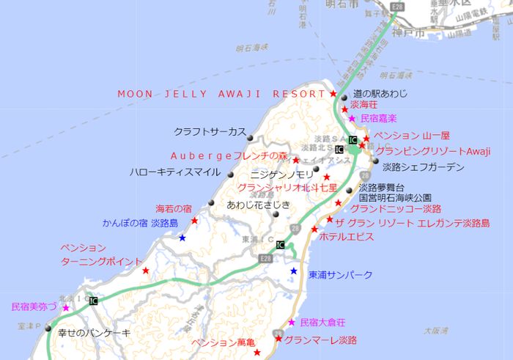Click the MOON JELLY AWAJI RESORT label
[221, 95]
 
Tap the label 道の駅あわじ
[380, 95]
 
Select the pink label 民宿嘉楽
[378, 118]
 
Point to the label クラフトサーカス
[210, 132]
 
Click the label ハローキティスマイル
[174, 172]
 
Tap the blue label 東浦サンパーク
[341, 275]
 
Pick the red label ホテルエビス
[347, 237]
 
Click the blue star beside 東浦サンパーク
[294, 271]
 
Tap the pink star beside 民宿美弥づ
[66, 308]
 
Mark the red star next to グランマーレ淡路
[278, 339]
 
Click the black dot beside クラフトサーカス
[251, 138]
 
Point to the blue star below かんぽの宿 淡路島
[182, 238]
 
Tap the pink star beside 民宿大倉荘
[292, 323]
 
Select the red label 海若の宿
[174, 209]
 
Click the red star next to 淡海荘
[344, 109]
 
